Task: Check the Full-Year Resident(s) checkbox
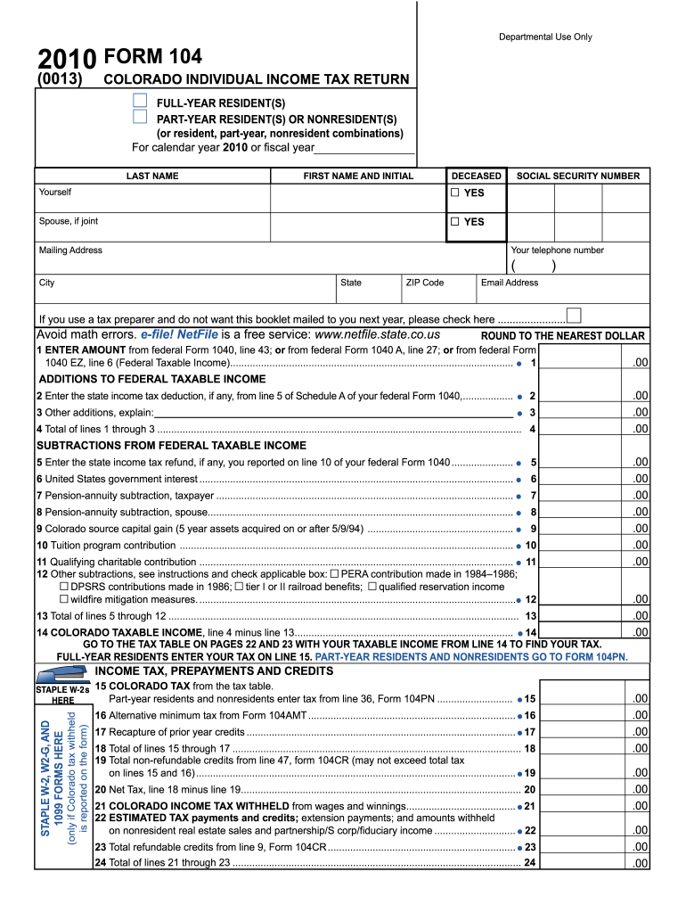[139, 100]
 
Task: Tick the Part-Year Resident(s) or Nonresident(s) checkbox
[139, 117]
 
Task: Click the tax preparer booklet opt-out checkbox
[574, 315]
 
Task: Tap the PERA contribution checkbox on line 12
[336, 574]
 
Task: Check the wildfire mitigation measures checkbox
[64, 599]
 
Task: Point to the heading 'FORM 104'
[153, 58]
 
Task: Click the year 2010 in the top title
[67, 60]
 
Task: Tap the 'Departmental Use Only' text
[545, 37]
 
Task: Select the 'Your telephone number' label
[558, 251]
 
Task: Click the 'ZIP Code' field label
[424, 283]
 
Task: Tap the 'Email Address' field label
[510, 283]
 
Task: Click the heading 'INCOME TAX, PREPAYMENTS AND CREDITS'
[214, 670]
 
